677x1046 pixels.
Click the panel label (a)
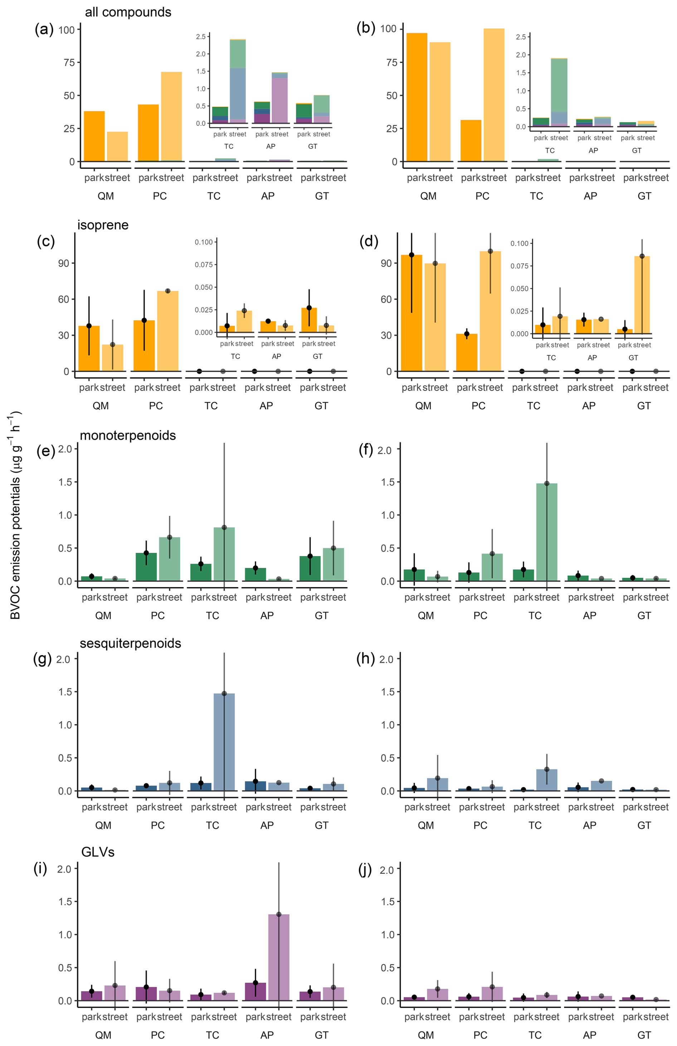click(44, 29)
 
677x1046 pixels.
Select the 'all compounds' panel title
click(128, 12)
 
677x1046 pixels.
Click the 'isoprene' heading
click(103, 225)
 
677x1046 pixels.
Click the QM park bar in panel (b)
click(417, 97)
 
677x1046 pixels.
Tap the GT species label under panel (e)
click(322, 615)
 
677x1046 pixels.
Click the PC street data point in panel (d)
click(490, 251)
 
